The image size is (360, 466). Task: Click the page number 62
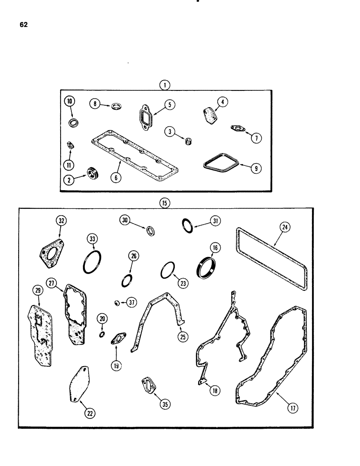point(24,25)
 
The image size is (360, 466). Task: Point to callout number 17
point(293,409)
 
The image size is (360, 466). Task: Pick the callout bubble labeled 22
point(88,412)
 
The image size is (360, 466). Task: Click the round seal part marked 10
point(73,122)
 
